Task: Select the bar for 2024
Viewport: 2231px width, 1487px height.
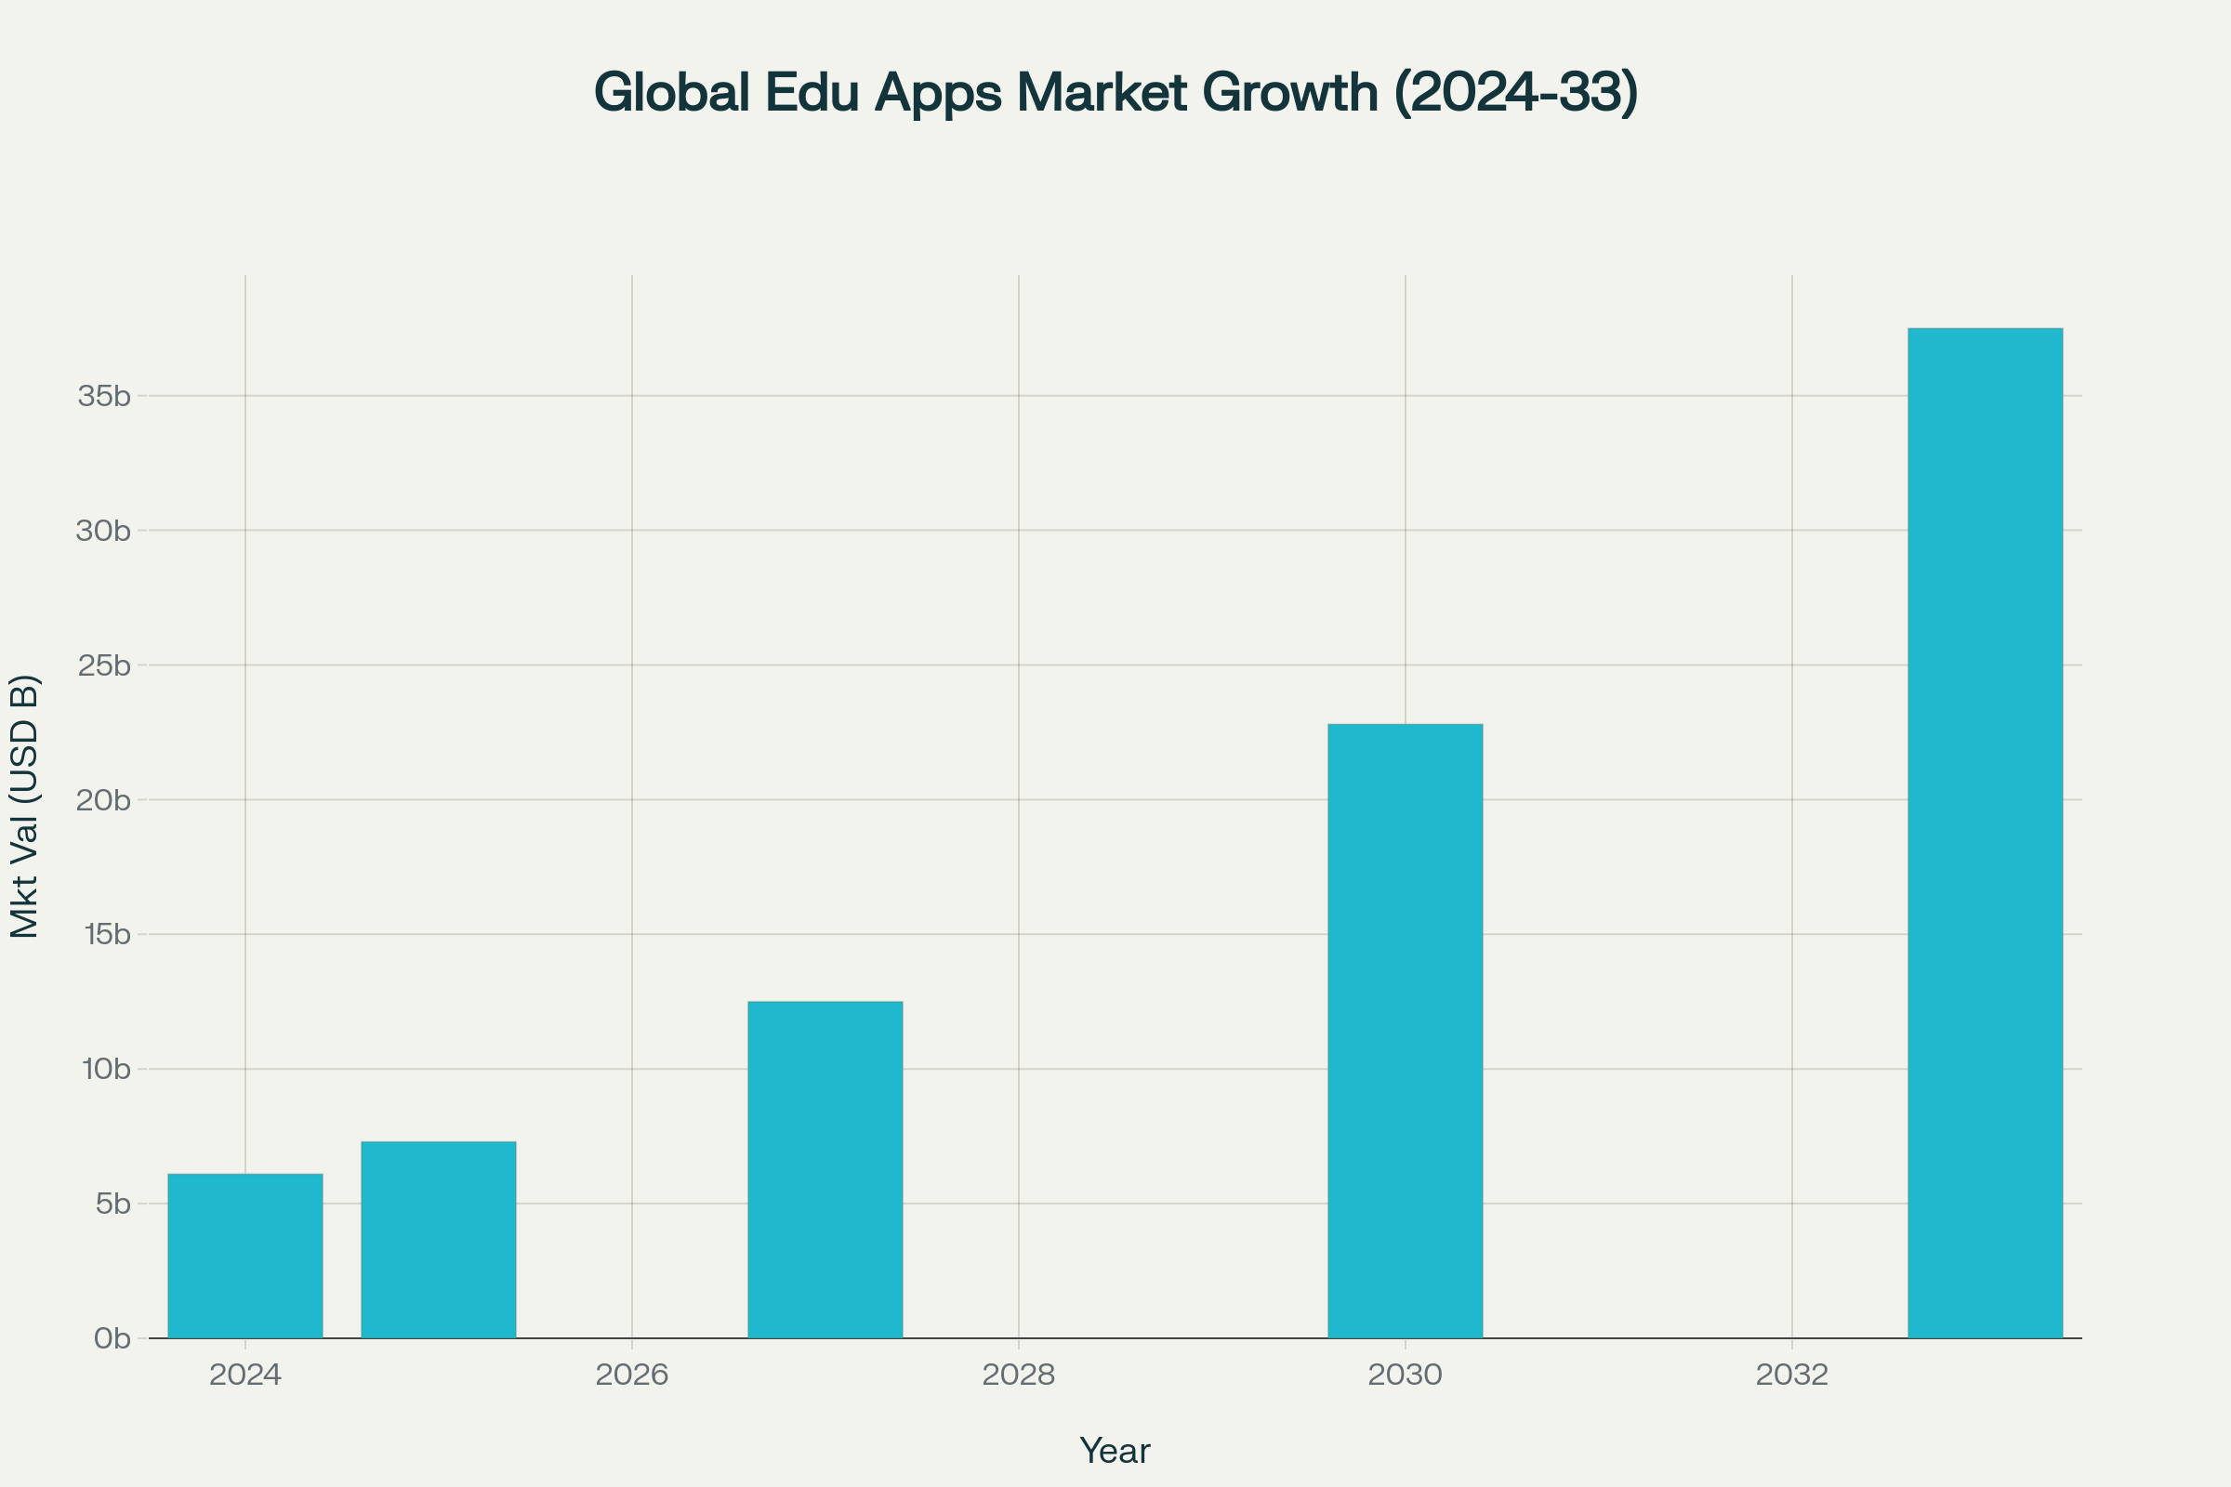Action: [x=244, y=1256]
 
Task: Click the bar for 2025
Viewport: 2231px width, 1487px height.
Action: [x=438, y=1240]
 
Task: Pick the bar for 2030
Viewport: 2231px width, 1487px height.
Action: [x=1405, y=1031]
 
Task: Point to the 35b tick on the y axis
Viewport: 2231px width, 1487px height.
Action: [x=104, y=397]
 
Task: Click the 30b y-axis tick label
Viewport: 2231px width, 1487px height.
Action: [x=104, y=531]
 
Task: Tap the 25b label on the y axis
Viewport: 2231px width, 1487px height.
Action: [x=104, y=665]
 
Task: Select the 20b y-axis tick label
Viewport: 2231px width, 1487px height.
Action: [x=104, y=800]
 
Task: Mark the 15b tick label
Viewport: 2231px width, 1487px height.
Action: [x=106, y=935]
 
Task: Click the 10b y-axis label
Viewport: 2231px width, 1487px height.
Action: [x=106, y=1070]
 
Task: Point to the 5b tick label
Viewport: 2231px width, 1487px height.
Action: [x=112, y=1204]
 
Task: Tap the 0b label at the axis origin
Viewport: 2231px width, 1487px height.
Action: [x=112, y=1339]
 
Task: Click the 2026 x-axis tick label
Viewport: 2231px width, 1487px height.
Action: [x=632, y=1375]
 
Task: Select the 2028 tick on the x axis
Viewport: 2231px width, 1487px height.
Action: [x=1019, y=1375]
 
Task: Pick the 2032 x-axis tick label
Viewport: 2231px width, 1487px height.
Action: [x=1792, y=1375]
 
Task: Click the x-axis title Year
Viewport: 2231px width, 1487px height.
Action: [x=1115, y=1451]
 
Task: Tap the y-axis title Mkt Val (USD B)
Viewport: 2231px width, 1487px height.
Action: [x=25, y=806]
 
